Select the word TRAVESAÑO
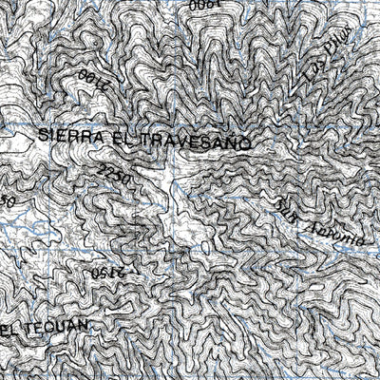pyautogui.click(x=195, y=142)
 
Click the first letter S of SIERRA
pyautogui.click(x=45, y=136)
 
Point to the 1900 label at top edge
pyautogui.click(x=204, y=5)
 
